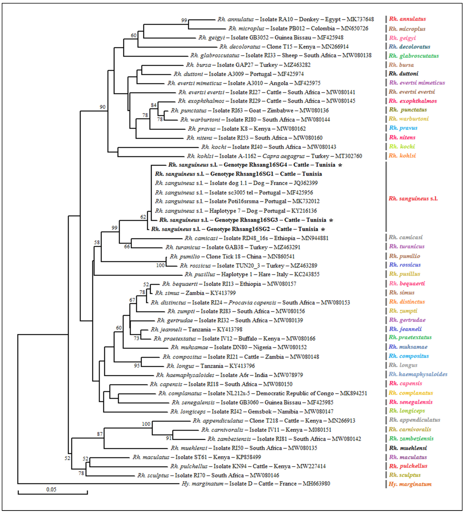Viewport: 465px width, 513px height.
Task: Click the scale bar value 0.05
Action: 51,489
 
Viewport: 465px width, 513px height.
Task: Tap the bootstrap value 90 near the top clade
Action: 102,107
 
